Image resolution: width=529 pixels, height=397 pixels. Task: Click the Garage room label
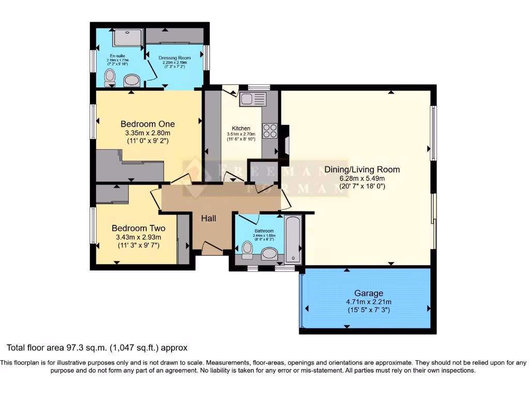pyautogui.click(x=368, y=293)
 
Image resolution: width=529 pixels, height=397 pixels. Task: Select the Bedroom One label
pyautogui.click(x=147, y=124)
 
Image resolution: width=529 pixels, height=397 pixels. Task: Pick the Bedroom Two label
pyautogui.click(x=138, y=228)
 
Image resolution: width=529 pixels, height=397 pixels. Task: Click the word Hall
pyautogui.click(x=208, y=218)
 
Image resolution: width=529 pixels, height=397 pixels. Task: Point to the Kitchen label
pyautogui.click(x=241, y=128)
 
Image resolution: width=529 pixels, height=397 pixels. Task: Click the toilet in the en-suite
pyautogui.click(x=110, y=78)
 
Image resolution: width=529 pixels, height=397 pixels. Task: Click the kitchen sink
pyautogui.click(x=252, y=99)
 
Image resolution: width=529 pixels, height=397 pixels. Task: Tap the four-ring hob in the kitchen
pyautogui.click(x=269, y=130)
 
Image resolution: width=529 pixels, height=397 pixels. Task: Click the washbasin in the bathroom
pyautogui.click(x=269, y=254)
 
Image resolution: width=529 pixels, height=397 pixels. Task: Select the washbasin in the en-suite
pyautogui.click(x=132, y=80)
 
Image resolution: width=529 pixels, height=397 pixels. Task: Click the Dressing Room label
pyautogui.click(x=175, y=58)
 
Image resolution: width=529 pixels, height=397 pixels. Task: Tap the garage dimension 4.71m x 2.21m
pyautogui.click(x=368, y=302)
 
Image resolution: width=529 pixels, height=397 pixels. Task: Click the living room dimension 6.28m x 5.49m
pyautogui.click(x=362, y=178)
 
